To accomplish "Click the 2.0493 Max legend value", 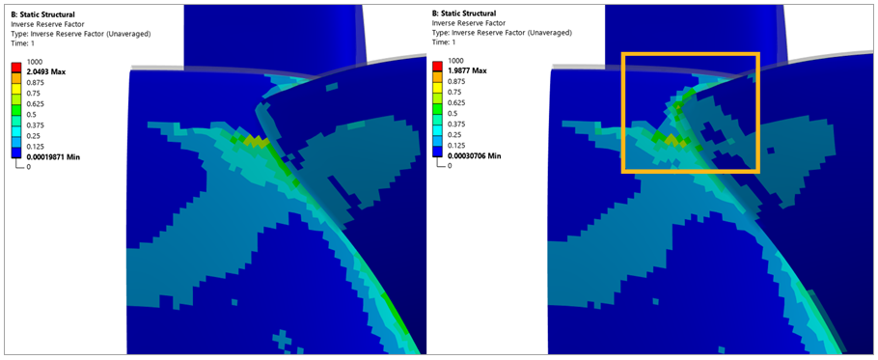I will [x=47, y=70].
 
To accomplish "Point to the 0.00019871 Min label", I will [x=56, y=155].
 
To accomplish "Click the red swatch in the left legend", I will [x=15, y=66].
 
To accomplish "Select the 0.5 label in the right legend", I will [x=454, y=113].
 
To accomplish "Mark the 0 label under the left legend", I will [x=30, y=166].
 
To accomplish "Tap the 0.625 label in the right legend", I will [x=458, y=102].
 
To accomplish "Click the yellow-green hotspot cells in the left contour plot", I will [x=257, y=142].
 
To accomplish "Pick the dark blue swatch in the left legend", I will [x=15, y=151].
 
